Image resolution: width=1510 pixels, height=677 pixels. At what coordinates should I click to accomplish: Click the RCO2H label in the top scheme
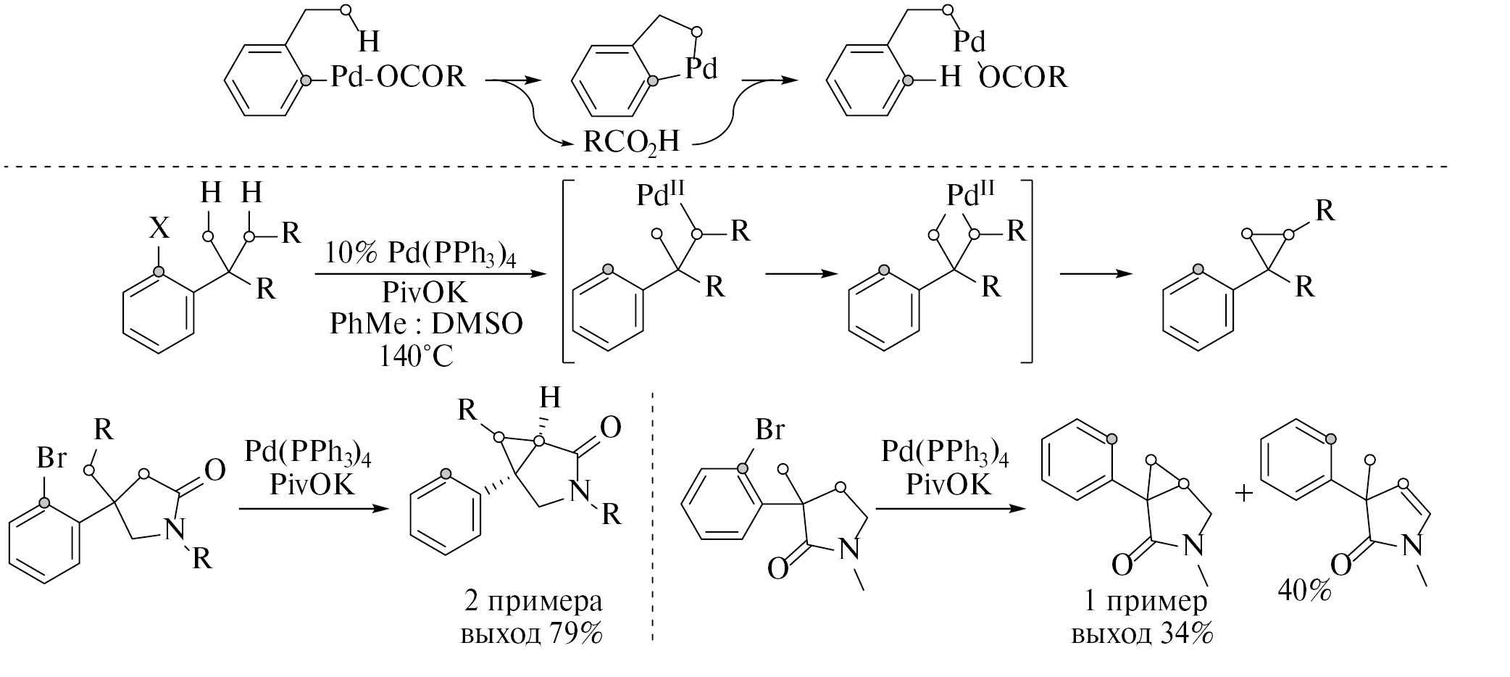pos(632,141)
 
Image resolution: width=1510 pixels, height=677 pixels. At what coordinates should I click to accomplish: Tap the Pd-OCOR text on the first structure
pos(398,75)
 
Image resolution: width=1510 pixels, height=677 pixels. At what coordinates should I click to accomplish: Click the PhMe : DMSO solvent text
pos(426,324)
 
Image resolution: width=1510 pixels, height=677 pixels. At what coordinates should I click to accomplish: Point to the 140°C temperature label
pos(416,356)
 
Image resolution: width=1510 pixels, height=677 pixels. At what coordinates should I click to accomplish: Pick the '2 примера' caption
pos(533,601)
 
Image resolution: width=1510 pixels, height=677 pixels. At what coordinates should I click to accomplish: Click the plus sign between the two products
pos(1243,494)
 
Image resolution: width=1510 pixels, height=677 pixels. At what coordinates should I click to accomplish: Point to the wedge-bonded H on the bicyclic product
pos(551,399)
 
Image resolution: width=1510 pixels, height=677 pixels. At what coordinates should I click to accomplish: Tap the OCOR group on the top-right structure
pos(1023,77)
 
